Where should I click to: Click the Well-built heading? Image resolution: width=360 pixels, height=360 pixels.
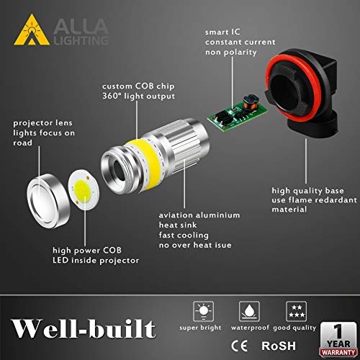pos(81,329)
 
